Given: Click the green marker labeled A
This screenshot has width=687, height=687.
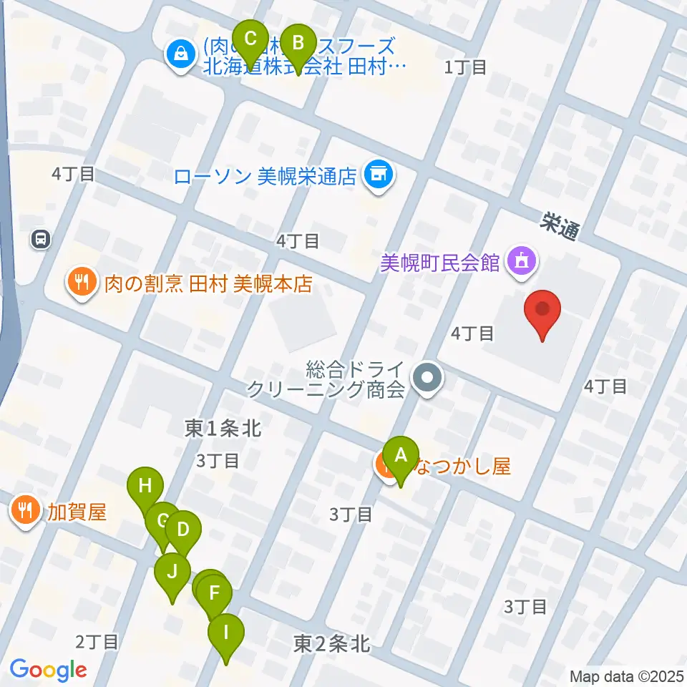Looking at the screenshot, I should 401,455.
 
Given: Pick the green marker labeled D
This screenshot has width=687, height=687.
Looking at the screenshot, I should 183,530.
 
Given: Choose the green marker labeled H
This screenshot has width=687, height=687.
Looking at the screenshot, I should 145,487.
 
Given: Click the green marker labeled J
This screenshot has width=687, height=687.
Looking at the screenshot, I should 172,572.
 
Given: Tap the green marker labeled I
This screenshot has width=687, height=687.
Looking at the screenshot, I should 226,633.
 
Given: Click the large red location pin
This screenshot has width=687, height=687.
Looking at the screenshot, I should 542,309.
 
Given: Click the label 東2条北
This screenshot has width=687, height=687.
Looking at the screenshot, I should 331,644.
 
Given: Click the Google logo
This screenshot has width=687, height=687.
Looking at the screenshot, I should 48,671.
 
